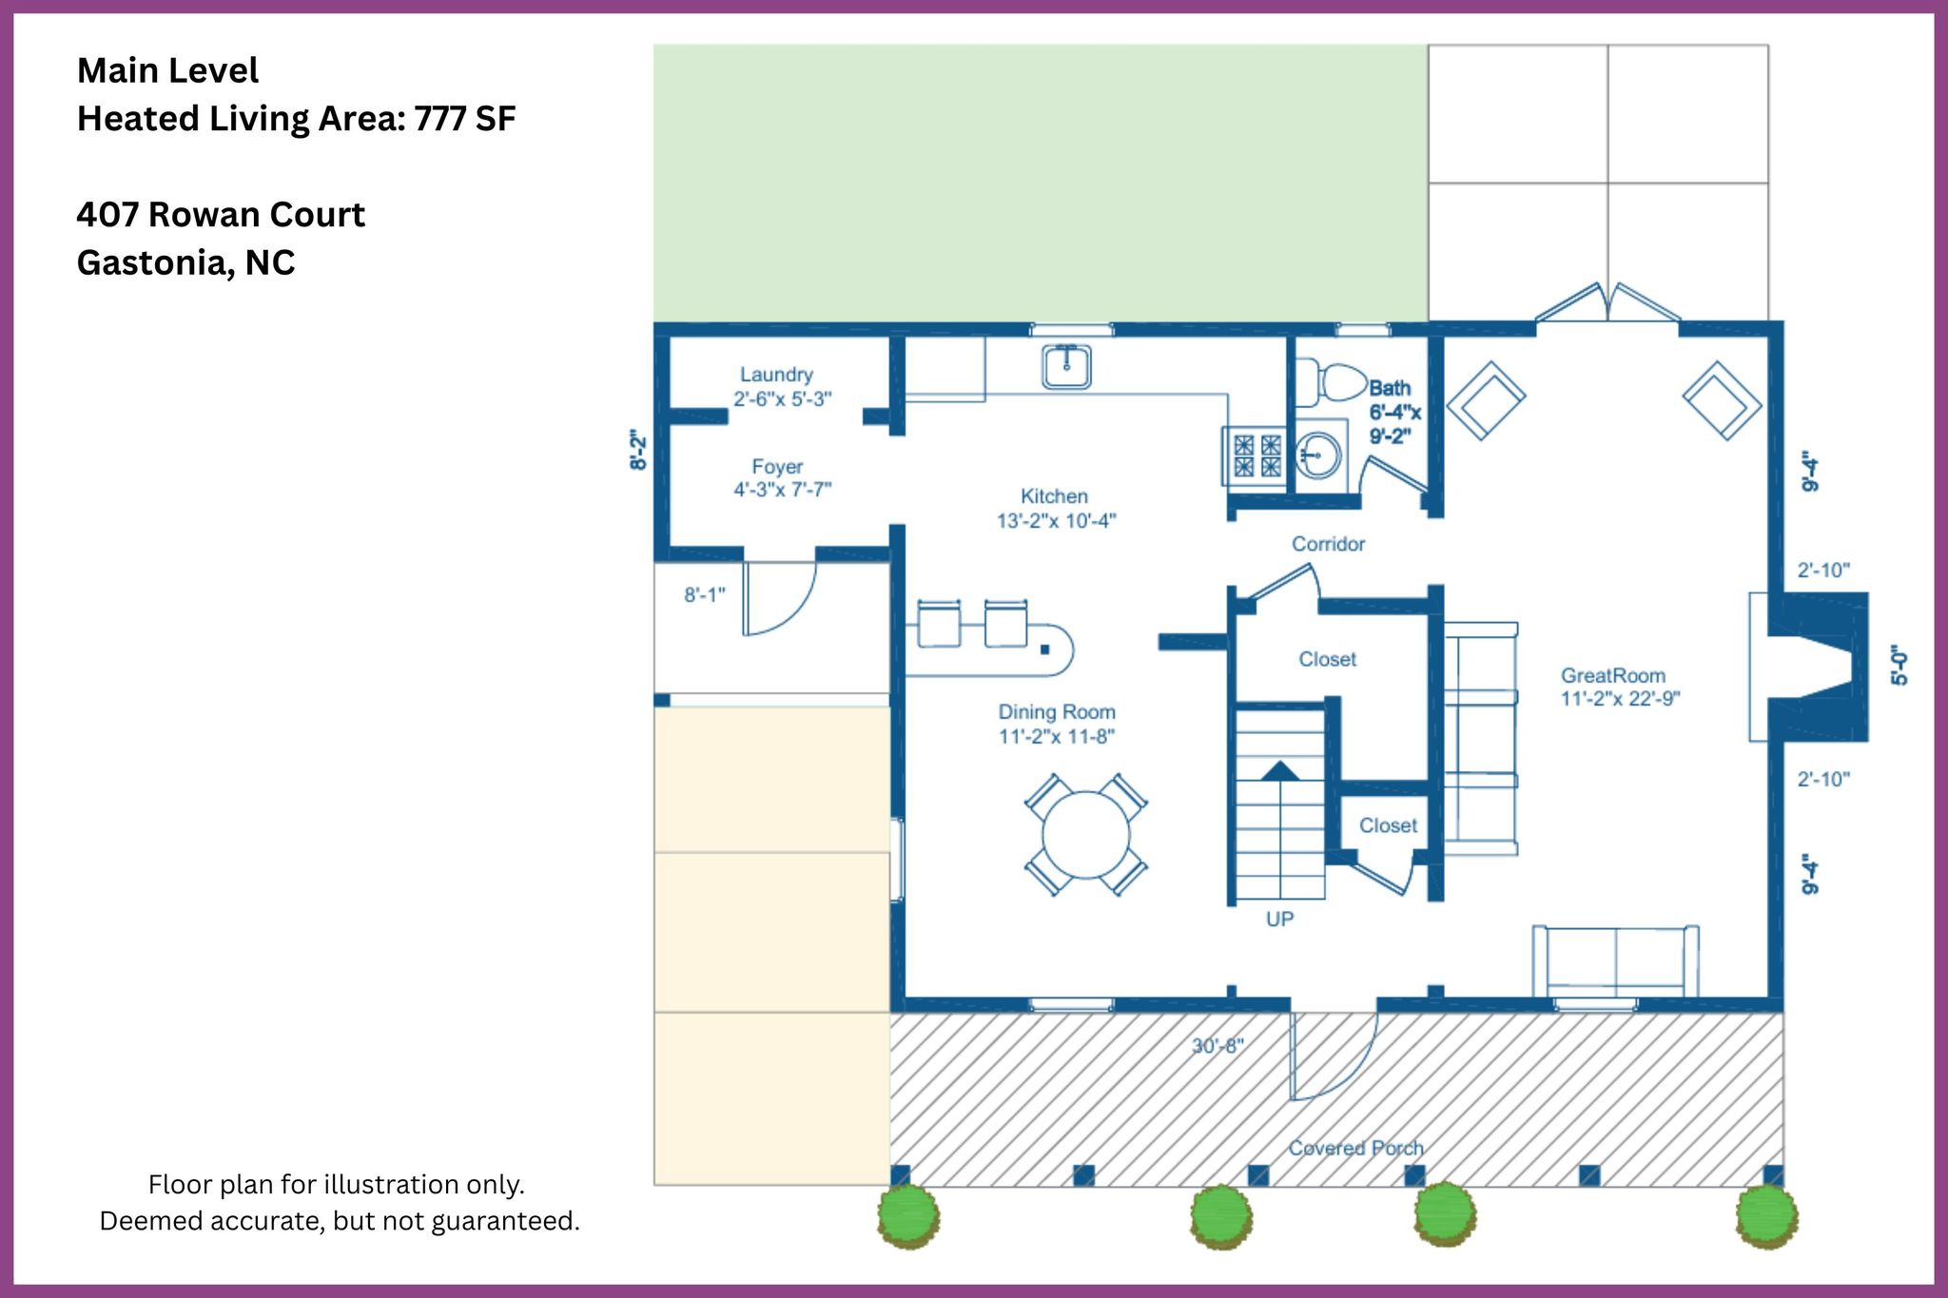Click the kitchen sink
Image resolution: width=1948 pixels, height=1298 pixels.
1066,366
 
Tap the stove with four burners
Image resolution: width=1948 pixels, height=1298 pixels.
1256,455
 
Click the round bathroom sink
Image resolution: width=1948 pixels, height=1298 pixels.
1318,455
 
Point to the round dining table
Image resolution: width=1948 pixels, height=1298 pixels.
1085,834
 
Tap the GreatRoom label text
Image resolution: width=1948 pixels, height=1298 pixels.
1613,675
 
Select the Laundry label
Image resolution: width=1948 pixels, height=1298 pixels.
777,375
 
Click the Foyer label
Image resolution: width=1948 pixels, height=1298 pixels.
777,466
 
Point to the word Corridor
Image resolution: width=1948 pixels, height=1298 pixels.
1328,544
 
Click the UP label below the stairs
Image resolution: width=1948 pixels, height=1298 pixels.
1279,919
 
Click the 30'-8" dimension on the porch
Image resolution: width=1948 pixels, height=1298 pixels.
1217,1046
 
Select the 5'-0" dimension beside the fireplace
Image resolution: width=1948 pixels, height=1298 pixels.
1899,666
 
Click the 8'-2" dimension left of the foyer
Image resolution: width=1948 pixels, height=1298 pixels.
638,450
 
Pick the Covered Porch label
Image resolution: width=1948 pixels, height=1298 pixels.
1356,1148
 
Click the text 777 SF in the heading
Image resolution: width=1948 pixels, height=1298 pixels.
465,119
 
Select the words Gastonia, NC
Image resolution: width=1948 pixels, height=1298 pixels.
185,263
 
